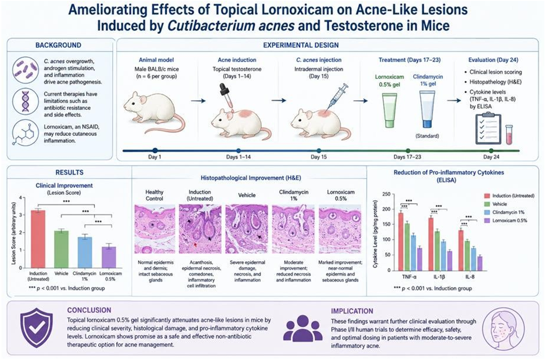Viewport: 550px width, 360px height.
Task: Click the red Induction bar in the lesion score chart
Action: point(38,239)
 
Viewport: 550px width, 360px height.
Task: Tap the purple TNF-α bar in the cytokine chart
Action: point(419,259)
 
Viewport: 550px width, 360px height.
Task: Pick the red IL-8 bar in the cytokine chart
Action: point(461,250)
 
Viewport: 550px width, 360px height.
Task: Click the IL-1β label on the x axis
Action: point(439,277)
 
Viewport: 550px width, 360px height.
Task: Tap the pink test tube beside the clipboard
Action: point(509,135)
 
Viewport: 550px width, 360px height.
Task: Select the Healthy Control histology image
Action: point(155,229)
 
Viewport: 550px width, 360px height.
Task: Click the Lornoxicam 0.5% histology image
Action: point(340,229)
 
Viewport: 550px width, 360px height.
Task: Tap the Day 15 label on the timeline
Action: point(318,157)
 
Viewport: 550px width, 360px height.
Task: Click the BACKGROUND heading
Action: point(58,45)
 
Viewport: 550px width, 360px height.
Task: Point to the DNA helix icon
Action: point(25,101)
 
